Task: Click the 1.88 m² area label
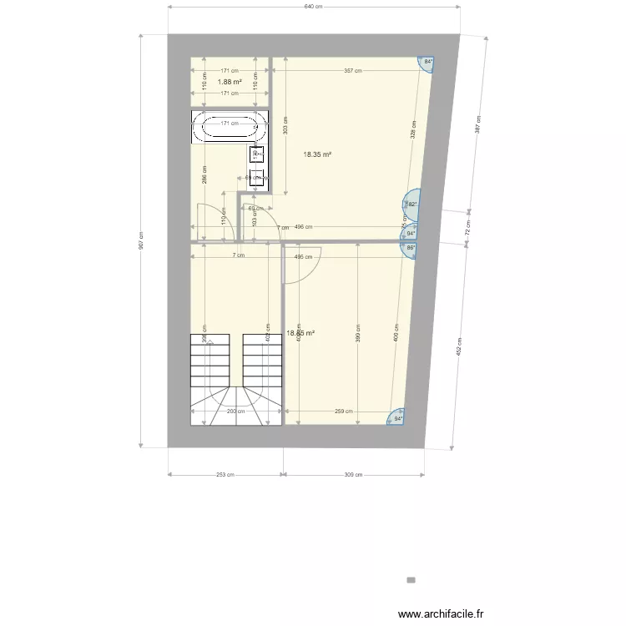click(230, 82)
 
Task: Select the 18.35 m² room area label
click(317, 154)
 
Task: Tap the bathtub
click(228, 126)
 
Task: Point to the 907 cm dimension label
click(142, 240)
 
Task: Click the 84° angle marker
click(428, 62)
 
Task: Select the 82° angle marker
click(412, 203)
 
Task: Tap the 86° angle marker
click(411, 248)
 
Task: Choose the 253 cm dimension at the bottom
click(224, 475)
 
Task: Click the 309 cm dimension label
click(354, 475)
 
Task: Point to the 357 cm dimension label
click(352, 71)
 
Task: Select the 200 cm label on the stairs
click(235, 411)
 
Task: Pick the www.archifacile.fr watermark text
click(440, 615)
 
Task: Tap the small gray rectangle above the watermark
click(411, 579)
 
